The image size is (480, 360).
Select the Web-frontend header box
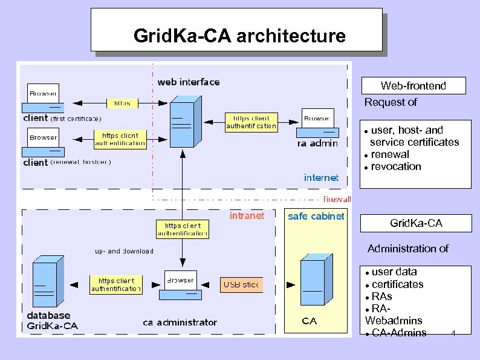tap(414, 86)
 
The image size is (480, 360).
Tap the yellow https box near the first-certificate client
tap(122, 103)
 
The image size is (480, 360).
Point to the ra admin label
tap(317, 143)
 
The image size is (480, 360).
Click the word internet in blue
tap(321, 177)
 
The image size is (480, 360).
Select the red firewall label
tap(337, 199)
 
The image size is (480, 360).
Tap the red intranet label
tap(247, 216)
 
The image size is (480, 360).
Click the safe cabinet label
tap(316, 216)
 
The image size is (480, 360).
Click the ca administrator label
tap(180, 322)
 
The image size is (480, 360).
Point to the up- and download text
tap(124, 251)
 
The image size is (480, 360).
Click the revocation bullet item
tap(395, 167)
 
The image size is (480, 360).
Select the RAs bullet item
tap(381, 296)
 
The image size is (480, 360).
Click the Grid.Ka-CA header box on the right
tap(416, 224)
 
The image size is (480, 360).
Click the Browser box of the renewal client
tap(44, 137)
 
